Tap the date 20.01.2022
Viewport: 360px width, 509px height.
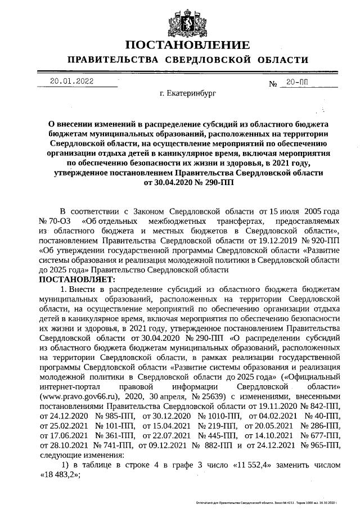[71, 81]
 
